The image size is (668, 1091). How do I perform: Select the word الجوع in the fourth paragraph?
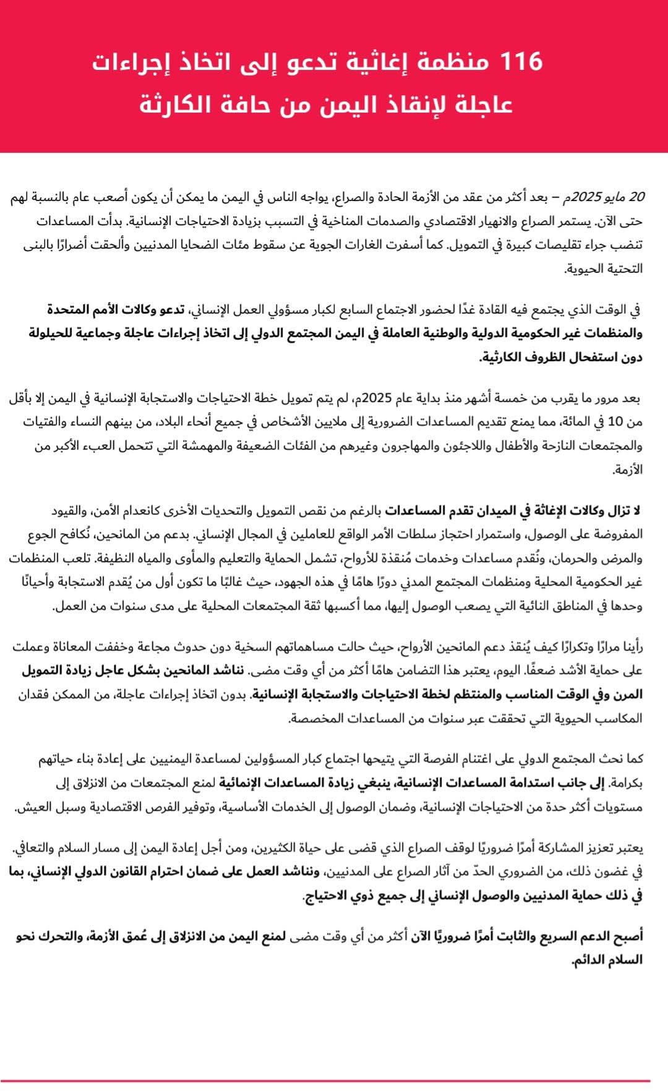(45, 534)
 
